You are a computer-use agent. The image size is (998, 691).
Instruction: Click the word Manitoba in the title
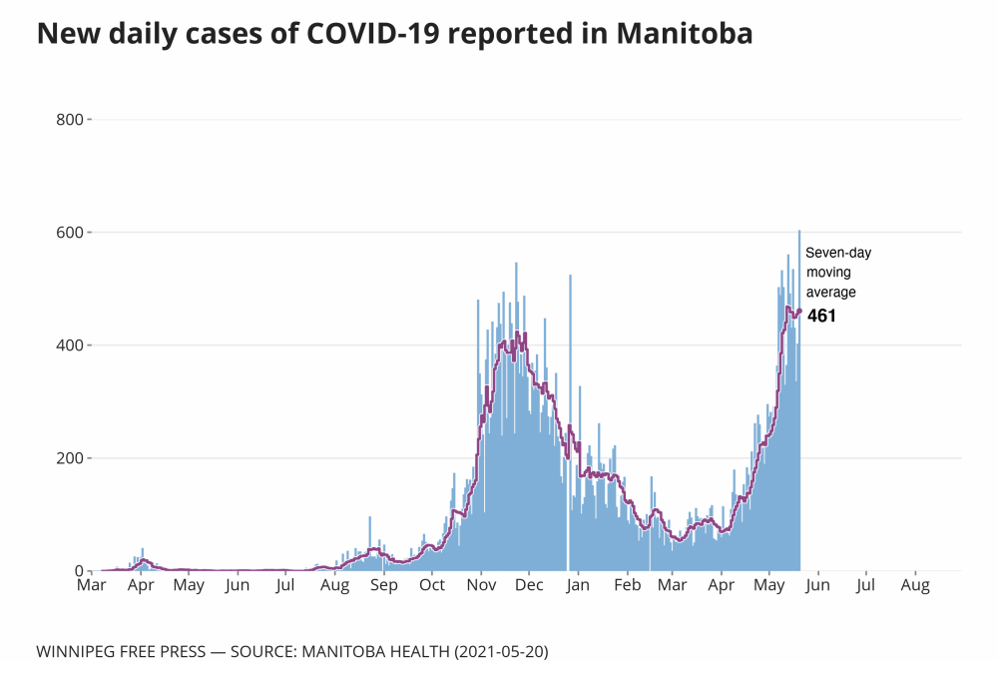coord(685,34)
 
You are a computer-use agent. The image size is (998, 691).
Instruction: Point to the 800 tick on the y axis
coord(70,120)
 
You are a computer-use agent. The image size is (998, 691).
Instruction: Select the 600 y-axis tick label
coord(70,233)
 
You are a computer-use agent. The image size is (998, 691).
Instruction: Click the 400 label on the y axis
coord(70,345)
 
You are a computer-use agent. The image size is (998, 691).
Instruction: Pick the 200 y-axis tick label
coord(70,458)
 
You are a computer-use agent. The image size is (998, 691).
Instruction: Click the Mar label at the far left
coord(92,586)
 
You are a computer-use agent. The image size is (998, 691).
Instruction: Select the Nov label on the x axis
coord(481,586)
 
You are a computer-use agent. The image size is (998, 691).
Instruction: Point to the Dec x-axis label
coord(529,586)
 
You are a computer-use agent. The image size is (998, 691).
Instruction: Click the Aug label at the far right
coord(915,586)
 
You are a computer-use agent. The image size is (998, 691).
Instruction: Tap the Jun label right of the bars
coord(818,586)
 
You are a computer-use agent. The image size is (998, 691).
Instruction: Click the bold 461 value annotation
coord(821,317)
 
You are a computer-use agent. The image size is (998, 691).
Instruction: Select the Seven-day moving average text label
coord(838,273)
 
